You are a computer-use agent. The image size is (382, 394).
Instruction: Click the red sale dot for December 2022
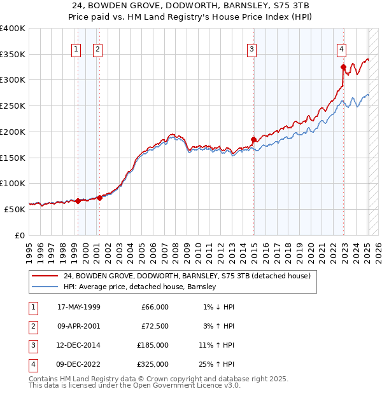(343, 67)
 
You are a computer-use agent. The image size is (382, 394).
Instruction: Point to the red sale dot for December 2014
(253, 139)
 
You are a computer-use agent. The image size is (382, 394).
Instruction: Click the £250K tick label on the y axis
(12, 106)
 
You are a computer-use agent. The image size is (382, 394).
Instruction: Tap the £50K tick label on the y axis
(15, 209)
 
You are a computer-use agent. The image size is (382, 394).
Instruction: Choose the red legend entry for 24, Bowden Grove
(187, 276)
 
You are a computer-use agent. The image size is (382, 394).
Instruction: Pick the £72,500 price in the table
(154, 326)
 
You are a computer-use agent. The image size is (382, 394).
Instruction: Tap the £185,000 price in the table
(153, 345)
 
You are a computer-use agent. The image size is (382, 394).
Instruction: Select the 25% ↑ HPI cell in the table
(218, 364)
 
